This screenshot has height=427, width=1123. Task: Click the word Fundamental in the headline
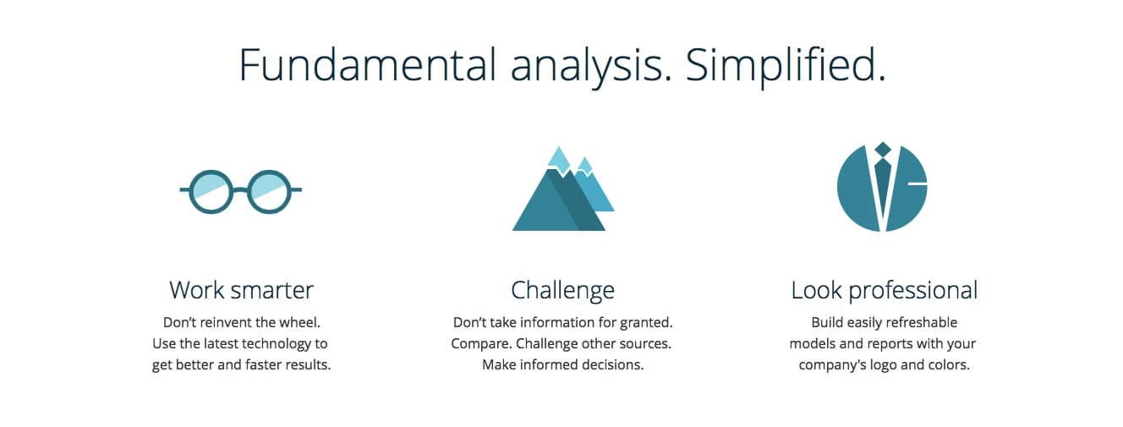367,64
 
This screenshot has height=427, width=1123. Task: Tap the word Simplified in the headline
786,67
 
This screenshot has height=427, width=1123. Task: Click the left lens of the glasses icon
211,191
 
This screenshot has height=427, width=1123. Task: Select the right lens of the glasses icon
269,191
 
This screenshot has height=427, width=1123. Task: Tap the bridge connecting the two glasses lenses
240,190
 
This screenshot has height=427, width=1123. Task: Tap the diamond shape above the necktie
882,150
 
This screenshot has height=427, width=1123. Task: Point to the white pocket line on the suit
918,184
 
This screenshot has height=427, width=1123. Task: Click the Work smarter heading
241,290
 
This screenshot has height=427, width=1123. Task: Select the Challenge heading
562,291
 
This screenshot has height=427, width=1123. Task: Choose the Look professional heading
885,291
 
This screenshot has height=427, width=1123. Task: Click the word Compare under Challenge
481,344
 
